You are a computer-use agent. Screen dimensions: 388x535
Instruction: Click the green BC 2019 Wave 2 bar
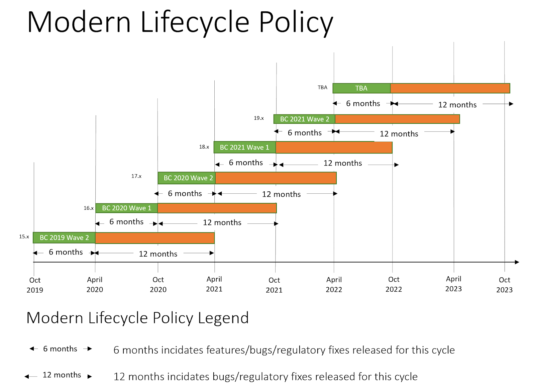(x=64, y=238)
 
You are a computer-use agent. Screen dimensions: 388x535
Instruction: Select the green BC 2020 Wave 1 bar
(x=126, y=208)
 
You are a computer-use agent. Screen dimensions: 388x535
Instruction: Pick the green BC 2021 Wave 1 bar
(x=245, y=148)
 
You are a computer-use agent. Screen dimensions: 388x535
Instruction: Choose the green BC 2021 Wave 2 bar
(x=304, y=119)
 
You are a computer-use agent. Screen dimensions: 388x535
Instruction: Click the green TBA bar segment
(x=361, y=88)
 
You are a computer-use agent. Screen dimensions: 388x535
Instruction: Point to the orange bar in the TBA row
(x=450, y=88)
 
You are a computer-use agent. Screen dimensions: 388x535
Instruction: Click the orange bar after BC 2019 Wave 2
(x=155, y=238)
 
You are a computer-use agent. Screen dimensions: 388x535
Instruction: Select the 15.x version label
(x=24, y=236)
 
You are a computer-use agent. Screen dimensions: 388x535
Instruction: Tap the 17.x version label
(x=136, y=176)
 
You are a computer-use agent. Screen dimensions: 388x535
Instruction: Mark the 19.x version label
(x=259, y=118)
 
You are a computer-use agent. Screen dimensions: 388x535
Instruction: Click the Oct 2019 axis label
(x=35, y=285)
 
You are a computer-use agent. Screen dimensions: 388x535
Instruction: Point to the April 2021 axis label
(x=214, y=284)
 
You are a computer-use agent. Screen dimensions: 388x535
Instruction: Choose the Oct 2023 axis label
(x=504, y=285)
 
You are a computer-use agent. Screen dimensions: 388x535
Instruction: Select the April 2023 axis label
(x=453, y=284)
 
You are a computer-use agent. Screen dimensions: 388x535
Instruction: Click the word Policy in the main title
(x=296, y=22)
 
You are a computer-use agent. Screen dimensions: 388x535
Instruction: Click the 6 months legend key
(x=60, y=349)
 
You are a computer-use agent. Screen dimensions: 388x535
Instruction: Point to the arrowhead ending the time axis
(x=517, y=262)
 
